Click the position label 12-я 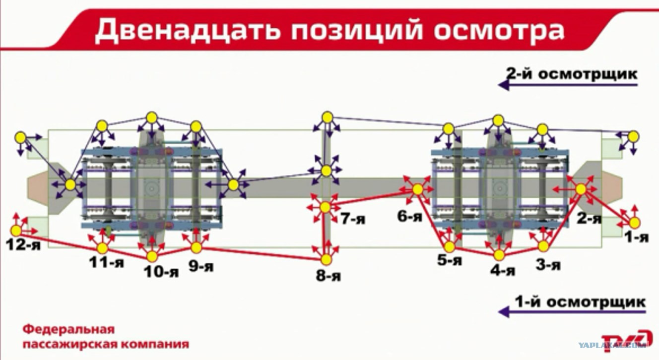click(23, 244)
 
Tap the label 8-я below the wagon click(329, 276)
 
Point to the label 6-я click(410, 217)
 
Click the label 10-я click(161, 272)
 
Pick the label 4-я click(503, 270)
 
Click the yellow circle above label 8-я click(326, 259)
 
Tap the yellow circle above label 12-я click(16, 231)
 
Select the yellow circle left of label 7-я click(325, 207)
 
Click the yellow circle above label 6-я click(418, 189)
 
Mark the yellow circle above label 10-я click(152, 256)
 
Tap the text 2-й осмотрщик click(572, 74)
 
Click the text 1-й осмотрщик click(580, 302)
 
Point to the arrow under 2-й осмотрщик click(568, 85)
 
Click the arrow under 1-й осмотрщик click(572, 311)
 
